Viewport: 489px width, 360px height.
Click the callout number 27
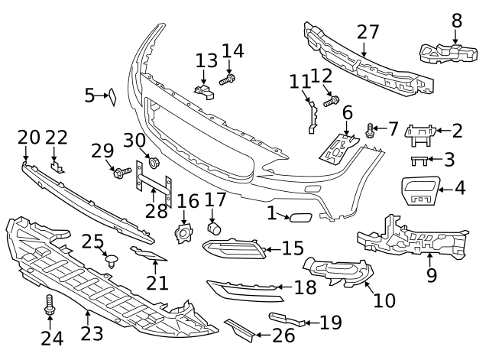tap(368, 33)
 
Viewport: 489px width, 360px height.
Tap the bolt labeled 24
tap(50, 305)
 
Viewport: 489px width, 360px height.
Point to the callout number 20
tap(28, 138)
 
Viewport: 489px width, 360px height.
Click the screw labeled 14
tap(228, 79)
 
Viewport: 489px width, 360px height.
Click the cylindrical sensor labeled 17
tap(215, 228)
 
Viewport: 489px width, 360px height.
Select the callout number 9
tap(431, 274)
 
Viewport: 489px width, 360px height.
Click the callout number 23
tap(92, 334)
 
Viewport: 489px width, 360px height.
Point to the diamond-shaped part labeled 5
tap(111, 96)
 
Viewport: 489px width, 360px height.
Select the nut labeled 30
tap(153, 162)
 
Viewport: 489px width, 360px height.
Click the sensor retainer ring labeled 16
tap(183, 233)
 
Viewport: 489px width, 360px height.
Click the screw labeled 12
tap(331, 100)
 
